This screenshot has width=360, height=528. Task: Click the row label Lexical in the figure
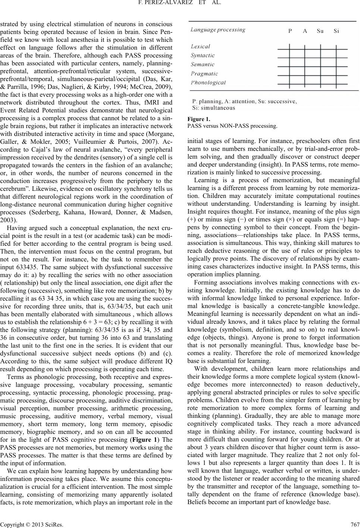200,47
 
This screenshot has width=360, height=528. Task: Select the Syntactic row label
203,56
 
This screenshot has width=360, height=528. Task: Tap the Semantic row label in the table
203,65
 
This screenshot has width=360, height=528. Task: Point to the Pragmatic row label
204,74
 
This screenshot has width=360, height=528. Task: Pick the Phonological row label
208,83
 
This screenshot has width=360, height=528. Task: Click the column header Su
320,31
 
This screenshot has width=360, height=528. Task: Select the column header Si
336,31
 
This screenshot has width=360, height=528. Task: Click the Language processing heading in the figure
218,29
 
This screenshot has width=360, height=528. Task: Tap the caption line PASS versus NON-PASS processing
232,126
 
